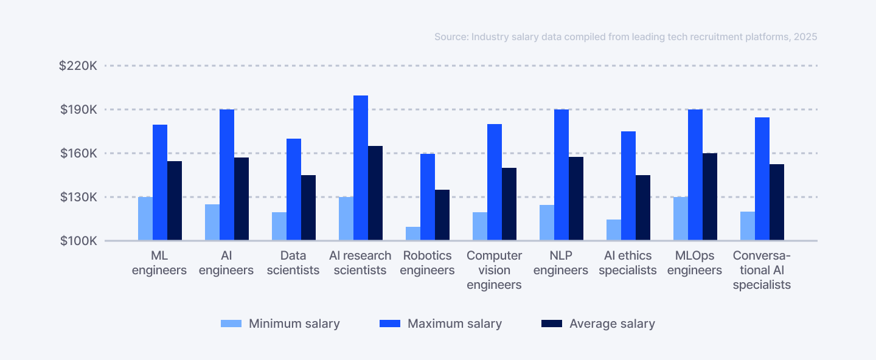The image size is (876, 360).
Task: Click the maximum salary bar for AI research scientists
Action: point(361,168)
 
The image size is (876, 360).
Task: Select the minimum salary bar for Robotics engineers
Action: point(413,234)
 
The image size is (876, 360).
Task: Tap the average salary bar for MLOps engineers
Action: point(710,197)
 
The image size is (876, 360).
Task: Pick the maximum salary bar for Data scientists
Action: point(294,190)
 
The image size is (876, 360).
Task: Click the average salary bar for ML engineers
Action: point(175,201)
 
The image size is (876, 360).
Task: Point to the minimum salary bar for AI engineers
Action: point(212,223)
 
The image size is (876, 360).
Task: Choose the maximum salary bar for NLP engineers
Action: point(561,175)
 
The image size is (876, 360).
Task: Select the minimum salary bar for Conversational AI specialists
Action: point(748,226)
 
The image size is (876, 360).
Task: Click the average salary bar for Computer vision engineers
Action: point(509,204)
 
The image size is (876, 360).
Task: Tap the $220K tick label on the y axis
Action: point(78,66)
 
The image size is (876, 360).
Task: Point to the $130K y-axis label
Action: point(78,197)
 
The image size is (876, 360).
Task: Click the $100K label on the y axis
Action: point(78,241)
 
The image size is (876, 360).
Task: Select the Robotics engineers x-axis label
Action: point(427,263)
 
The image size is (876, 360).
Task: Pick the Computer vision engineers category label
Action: point(494,270)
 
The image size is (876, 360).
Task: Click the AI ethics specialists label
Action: point(628,263)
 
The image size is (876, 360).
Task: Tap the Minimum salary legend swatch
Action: point(231,324)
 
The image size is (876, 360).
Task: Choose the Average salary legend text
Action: point(612,324)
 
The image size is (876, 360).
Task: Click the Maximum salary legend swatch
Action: point(390,324)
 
